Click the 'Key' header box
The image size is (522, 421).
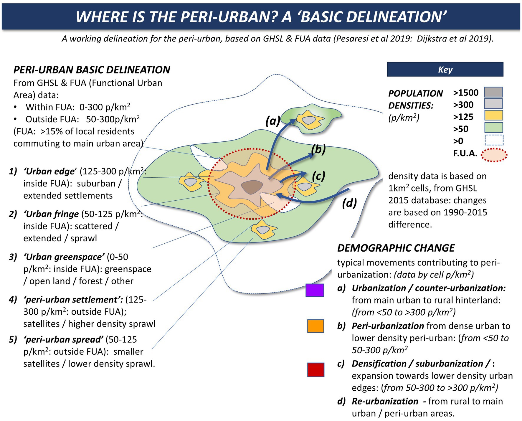pyautogui.click(x=445, y=70)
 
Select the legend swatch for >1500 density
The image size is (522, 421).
pyautogui.click(x=493, y=92)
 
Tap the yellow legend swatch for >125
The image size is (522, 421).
pyautogui.click(x=493, y=115)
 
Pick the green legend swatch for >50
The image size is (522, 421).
pyautogui.click(x=493, y=128)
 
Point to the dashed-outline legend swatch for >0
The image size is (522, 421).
pyautogui.click(x=494, y=140)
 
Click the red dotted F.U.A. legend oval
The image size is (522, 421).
pyautogui.click(x=494, y=155)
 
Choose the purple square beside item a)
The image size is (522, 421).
pyautogui.click(x=315, y=290)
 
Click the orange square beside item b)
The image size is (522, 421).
pyautogui.click(x=315, y=326)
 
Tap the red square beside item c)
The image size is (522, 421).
pyautogui.click(x=316, y=370)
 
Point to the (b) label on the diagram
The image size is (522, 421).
pyautogui.click(x=318, y=149)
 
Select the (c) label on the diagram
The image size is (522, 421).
pyautogui.click(x=318, y=176)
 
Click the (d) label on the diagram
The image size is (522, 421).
pyautogui.click(x=349, y=203)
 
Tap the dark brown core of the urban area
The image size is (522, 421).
pyautogui.click(x=252, y=186)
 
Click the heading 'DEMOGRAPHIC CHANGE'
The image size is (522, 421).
pyautogui.click(x=396, y=248)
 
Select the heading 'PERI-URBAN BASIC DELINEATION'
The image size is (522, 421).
pyautogui.click(x=92, y=70)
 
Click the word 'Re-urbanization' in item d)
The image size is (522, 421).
pyautogui.click(x=385, y=401)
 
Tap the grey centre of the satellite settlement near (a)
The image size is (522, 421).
pyautogui.click(x=309, y=120)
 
